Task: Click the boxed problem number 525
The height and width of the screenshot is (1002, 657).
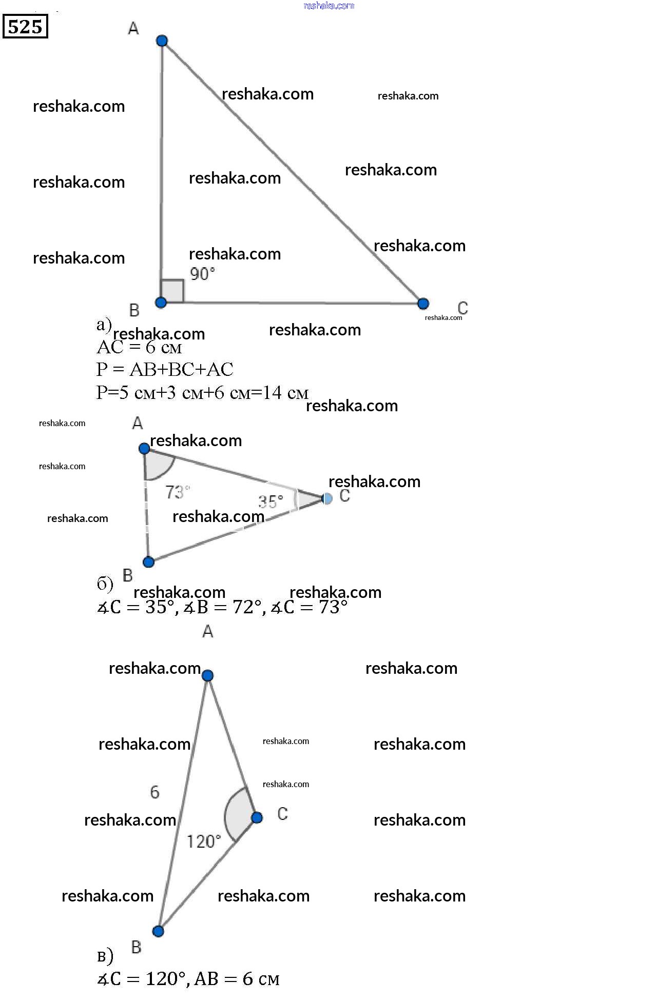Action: [x=25, y=26]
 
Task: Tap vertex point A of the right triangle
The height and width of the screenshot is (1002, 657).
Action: [x=162, y=41]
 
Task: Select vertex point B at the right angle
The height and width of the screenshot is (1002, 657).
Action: [x=161, y=303]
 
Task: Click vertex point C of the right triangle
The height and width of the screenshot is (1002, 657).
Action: [x=423, y=304]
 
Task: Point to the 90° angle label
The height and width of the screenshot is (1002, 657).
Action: [x=202, y=274]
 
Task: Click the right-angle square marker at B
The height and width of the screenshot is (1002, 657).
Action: [x=173, y=291]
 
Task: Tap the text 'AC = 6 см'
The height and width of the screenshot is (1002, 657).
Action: [x=139, y=348]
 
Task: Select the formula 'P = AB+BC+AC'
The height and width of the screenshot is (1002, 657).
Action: [x=165, y=369]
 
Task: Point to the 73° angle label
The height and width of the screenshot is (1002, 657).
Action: [x=177, y=492]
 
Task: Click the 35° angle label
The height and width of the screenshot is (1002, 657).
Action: [x=270, y=501]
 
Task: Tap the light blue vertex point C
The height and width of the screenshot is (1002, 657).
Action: [x=327, y=498]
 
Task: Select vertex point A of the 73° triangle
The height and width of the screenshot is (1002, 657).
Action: [x=144, y=449]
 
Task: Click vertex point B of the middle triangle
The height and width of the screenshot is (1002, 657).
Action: [x=148, y=562]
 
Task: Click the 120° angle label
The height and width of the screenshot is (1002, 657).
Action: [x=203, y=841]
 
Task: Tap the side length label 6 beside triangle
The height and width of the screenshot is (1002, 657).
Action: [x=154, y=792]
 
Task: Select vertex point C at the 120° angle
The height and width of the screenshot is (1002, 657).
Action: [x=257, y=817]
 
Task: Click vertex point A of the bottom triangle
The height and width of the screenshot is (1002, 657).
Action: [x=207, y=675]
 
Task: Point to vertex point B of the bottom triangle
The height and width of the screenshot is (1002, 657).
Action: [x=158, y=931]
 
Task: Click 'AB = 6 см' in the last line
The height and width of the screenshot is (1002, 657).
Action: [x=237, y=979]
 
